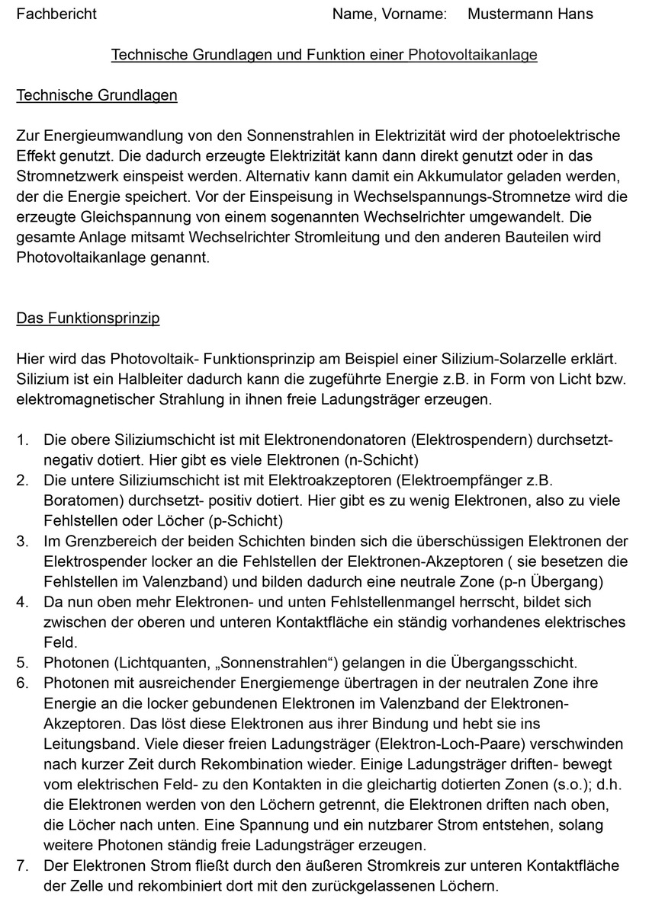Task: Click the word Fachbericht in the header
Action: [x=56, y=14]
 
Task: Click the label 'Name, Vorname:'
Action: [x=389, y=14]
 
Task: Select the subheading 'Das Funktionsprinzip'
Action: [x=88, y=318]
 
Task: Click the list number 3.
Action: [x=22, y=542]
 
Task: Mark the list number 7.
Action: [x=22, y=865]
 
